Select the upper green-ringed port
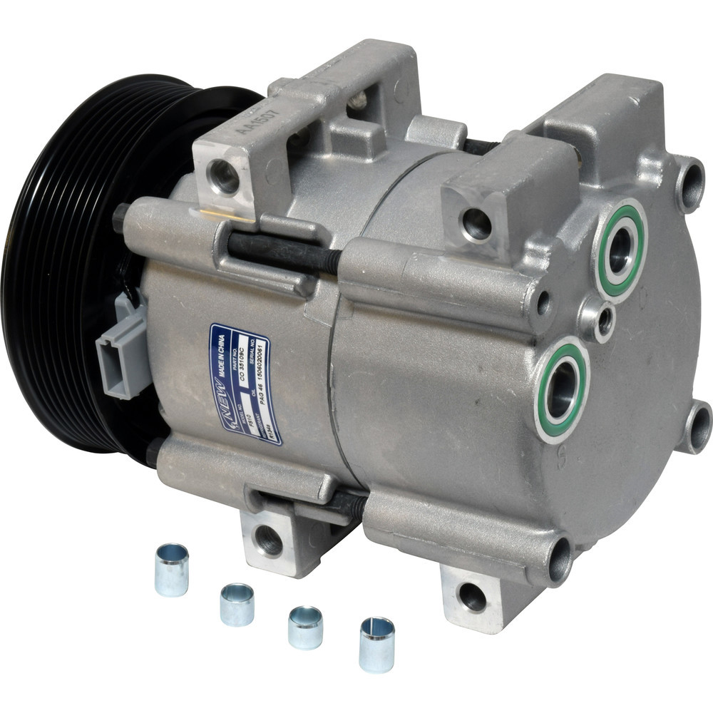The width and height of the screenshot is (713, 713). point(620,250)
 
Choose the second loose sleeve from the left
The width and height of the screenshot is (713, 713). point(237,604)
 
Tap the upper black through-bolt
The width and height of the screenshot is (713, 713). point(285,253)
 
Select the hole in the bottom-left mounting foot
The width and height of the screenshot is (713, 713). point(270,540)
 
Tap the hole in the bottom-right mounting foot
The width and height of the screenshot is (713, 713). point(471,597)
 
